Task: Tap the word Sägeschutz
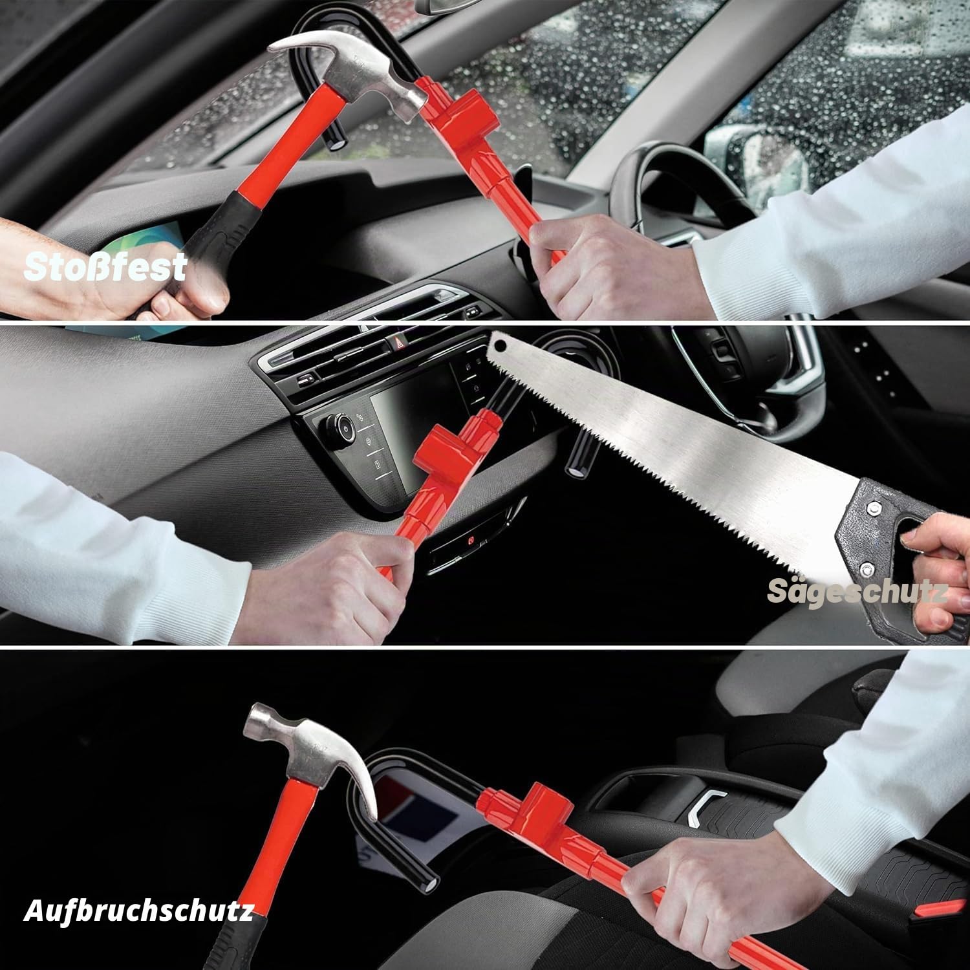(857, 591)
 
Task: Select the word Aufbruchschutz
(138, 911)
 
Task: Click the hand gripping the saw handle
(938, 569)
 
